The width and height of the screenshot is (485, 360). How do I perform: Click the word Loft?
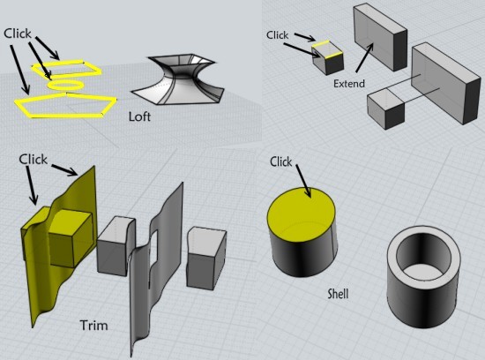coord(139,116)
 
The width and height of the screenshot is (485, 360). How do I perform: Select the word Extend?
coord(349,83)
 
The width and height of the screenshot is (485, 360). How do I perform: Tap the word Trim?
coord(93,326)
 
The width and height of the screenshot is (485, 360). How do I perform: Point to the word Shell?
coord(338,294)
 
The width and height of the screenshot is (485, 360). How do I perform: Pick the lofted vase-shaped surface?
coord(175,80)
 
